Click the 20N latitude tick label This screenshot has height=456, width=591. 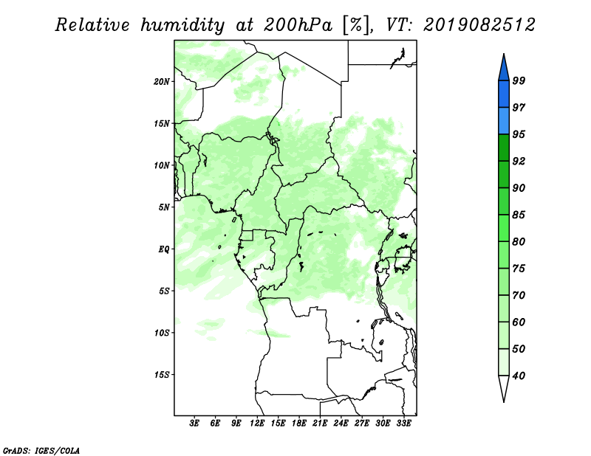tap(162, 82)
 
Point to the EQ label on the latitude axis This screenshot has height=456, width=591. tap(164, 249)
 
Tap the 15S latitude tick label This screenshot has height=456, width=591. tap(162, 375)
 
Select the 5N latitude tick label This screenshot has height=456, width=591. tap(164, 207)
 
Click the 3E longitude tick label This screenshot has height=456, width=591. tap(194, 424)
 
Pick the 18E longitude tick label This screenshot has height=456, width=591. tap(299, 424)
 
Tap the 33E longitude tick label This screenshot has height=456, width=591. tap(403, 424)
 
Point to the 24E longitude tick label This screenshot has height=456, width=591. tap(341, 424)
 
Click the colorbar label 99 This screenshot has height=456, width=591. tap(519, 80)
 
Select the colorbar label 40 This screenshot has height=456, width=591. tap(519, 376)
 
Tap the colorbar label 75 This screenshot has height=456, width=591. tap(519, 269)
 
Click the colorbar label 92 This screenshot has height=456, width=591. tap(519, 161)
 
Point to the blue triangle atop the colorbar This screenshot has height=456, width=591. tap(504, 69)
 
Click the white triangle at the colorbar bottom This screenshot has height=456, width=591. tap(504, 386)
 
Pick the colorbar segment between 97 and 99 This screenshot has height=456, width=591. tap(504, 94)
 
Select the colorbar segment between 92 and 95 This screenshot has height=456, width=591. tap(504, 148)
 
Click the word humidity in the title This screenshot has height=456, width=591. tap(182, 26)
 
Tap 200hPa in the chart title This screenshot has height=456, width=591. tap(298, 25)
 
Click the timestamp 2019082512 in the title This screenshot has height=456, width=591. tap(479, 25)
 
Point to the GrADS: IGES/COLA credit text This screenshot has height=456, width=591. tap(41, 450)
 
